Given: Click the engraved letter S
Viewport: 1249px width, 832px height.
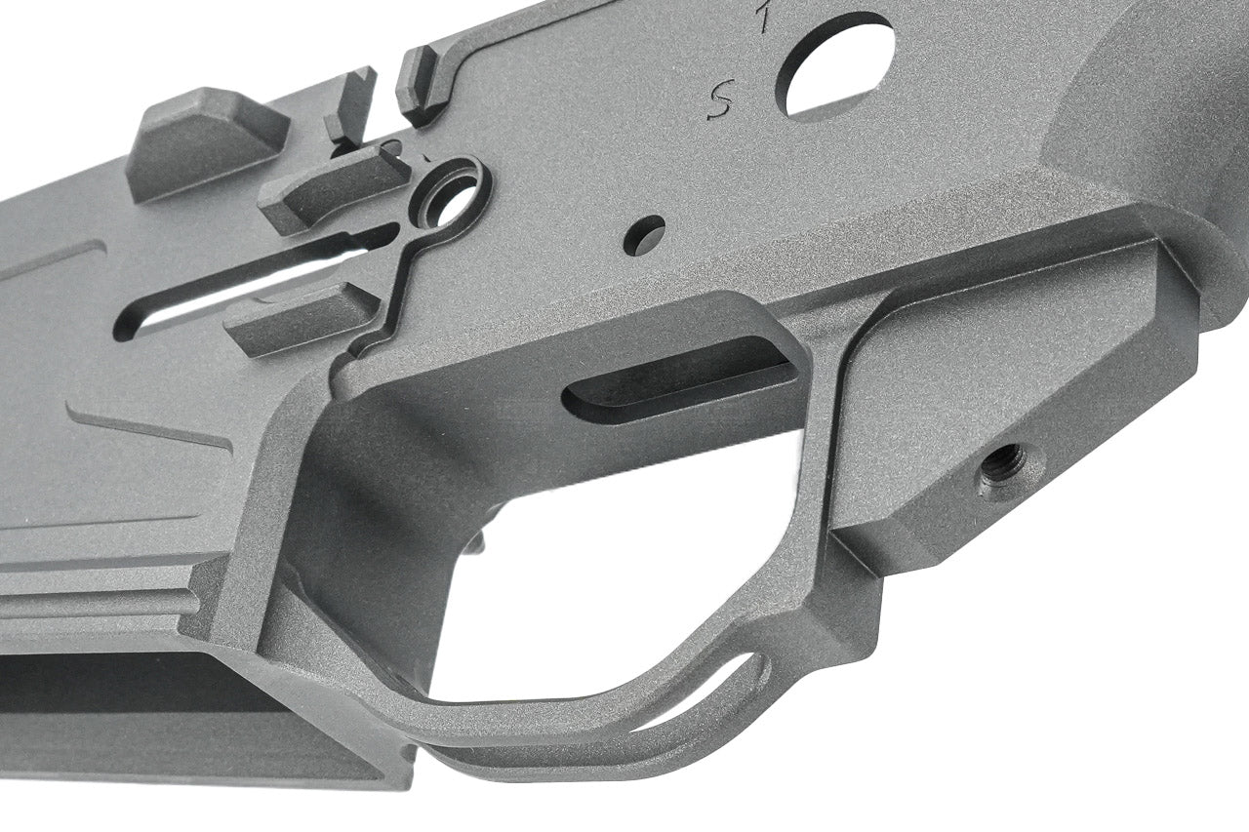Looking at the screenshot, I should coord(721,99).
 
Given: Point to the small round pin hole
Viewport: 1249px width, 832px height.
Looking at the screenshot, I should coord(644,235).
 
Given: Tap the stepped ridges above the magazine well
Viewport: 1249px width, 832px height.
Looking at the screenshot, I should coord(98,590).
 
